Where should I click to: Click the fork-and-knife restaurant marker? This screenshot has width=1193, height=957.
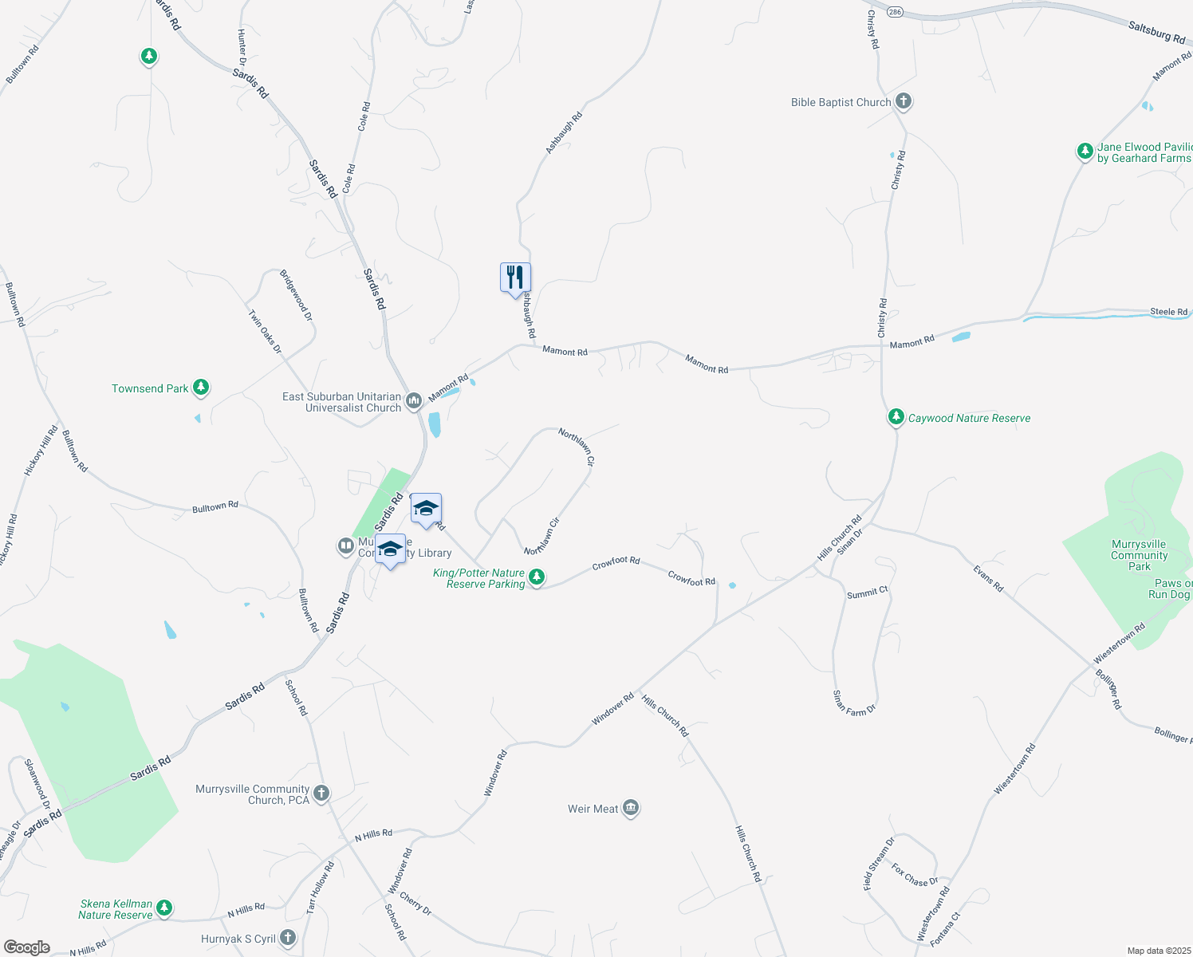(x=515, y=278)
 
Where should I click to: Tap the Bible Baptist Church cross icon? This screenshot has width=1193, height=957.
(x=904, y=101)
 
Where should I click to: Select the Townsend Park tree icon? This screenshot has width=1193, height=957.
(x=201, y=388)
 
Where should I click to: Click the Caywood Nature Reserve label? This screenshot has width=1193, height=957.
(x=969, y=418)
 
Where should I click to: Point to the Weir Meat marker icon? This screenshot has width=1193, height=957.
(x=631, y=809)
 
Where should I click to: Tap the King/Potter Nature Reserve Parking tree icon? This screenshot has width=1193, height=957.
(x=537, y=577)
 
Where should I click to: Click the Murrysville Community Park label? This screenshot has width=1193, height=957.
(x=1139, y=555)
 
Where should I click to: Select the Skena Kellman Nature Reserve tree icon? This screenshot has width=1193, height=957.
(x=164, y=908)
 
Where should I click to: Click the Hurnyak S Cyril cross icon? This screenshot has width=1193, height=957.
(x=288, y=939)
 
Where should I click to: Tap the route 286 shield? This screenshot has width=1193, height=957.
(x=896, y=13)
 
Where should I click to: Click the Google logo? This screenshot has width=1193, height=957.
(x=26, y=947)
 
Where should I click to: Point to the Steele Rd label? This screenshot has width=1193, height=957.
(x=1168, y=312)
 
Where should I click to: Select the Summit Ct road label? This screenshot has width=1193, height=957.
(x=867, y=593)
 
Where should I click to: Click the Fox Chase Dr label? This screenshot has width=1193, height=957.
(x=915, y=876)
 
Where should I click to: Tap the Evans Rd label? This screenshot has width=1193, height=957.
(x=988, y=578)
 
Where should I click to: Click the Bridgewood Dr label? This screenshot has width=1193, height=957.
(x=296, y=295)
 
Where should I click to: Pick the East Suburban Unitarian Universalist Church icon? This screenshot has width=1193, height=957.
(x=414, y=400)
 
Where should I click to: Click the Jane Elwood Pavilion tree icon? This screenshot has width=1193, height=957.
(x=1085, y=151)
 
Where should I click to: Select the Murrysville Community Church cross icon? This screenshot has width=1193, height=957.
(x=321, y=793)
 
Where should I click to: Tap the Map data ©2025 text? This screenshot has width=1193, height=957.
(x=1157, y=951)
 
